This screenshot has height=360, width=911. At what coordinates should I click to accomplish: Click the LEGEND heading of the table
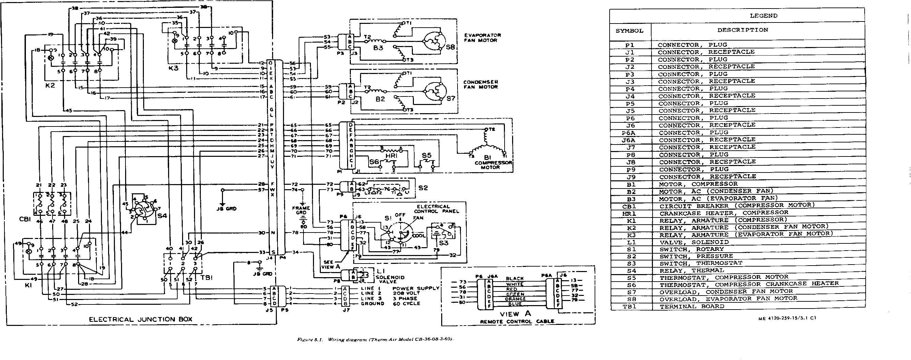point(763,16)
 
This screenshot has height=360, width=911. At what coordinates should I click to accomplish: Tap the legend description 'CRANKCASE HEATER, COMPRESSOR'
point(723,213)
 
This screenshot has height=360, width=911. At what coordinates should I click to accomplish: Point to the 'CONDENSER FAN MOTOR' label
point(481,85)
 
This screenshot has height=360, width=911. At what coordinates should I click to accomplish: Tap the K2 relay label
point(50,85)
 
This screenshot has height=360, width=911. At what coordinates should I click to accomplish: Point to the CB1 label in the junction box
point(26,219)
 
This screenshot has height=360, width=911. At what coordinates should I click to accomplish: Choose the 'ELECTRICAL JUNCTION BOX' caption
point(140,319)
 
